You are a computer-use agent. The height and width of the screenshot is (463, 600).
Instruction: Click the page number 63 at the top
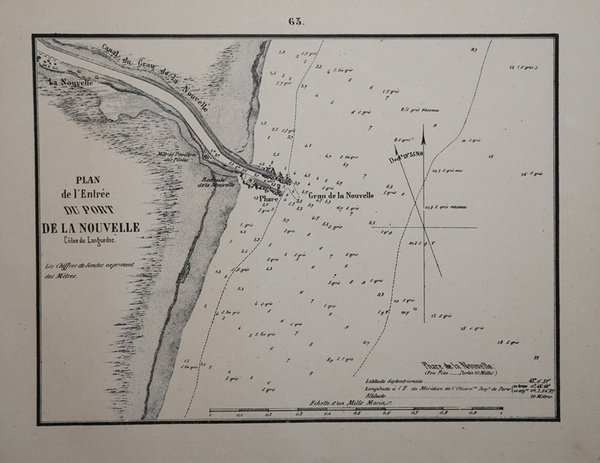tap(298, 21)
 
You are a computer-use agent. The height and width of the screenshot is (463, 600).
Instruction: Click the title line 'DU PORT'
tap(91, 211)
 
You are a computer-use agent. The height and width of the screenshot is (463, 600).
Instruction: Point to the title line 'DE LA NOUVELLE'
tap(91, 228)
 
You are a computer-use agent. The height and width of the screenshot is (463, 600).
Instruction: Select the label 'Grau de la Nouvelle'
tap(341, 195)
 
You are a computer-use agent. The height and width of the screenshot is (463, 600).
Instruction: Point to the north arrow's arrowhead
tap(423, 133)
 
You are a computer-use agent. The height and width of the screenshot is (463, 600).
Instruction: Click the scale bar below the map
tap(330, 411)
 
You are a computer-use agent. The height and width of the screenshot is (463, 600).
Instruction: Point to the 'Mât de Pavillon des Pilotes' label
tap(175, 155)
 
